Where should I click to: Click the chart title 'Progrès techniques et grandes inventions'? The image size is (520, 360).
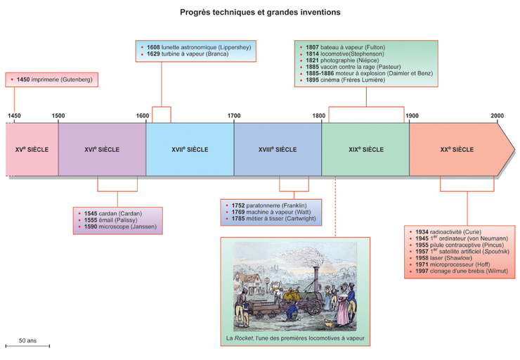[260, 12]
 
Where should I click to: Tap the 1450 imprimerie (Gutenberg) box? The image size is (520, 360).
[51, 80]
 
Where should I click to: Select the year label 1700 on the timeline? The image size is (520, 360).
[234, 115]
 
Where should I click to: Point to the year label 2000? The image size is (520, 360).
[497, 115]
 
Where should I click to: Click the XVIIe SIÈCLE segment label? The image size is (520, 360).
[190, 150]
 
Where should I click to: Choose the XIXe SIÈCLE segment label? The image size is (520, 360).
[365, 150]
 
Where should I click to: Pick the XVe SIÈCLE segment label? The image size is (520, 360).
[32, 150]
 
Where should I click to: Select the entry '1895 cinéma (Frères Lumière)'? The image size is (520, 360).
[346, 80]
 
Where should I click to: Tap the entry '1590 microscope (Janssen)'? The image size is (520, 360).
[117, 228]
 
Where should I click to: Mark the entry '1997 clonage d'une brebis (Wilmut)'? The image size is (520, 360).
[462, 272]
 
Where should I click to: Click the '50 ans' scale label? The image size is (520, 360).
[27, 340]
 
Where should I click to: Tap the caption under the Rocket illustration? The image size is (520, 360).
[296, 339]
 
